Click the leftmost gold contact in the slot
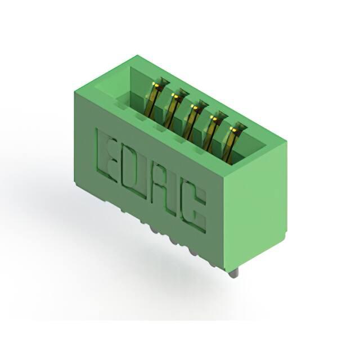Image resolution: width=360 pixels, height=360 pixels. tap(154, 99)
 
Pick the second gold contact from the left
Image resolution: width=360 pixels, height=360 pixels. tap(172, 110)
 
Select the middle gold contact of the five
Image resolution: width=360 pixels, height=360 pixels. tap(191, 121)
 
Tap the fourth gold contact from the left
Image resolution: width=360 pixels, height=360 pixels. tap(211, 133)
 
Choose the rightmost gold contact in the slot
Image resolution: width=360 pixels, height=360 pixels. tap(230, 144)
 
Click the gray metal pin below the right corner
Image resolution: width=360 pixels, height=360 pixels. tap(234, 273)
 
